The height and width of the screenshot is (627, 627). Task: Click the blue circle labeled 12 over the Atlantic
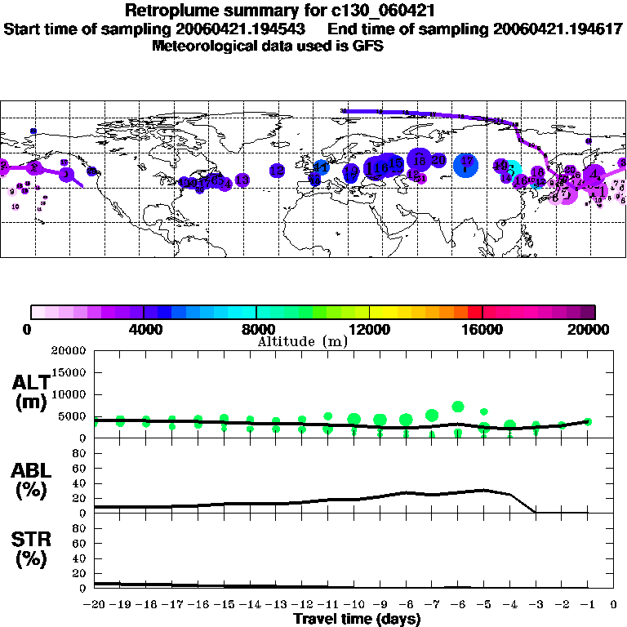click(277, 171)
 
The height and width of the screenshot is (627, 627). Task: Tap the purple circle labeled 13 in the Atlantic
click(242, 180)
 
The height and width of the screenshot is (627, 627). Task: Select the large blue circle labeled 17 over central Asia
click(466, 163)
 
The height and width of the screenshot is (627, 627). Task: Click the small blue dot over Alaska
click(33, 131)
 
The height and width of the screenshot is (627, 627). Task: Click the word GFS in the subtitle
click(367, 46)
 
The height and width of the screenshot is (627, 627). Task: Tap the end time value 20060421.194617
click(558, 29)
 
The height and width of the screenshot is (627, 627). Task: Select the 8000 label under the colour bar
click(256, 330)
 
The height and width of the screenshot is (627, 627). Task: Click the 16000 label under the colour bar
click(482, 330)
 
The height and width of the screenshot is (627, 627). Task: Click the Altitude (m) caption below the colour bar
click(302, 341)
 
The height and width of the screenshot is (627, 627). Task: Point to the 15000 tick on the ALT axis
click(67, 372)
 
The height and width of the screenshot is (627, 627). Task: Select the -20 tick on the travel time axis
click(95, 605)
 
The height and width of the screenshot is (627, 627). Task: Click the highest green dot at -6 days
click(458, 407)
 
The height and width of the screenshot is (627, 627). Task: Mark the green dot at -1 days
click(588, 421)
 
